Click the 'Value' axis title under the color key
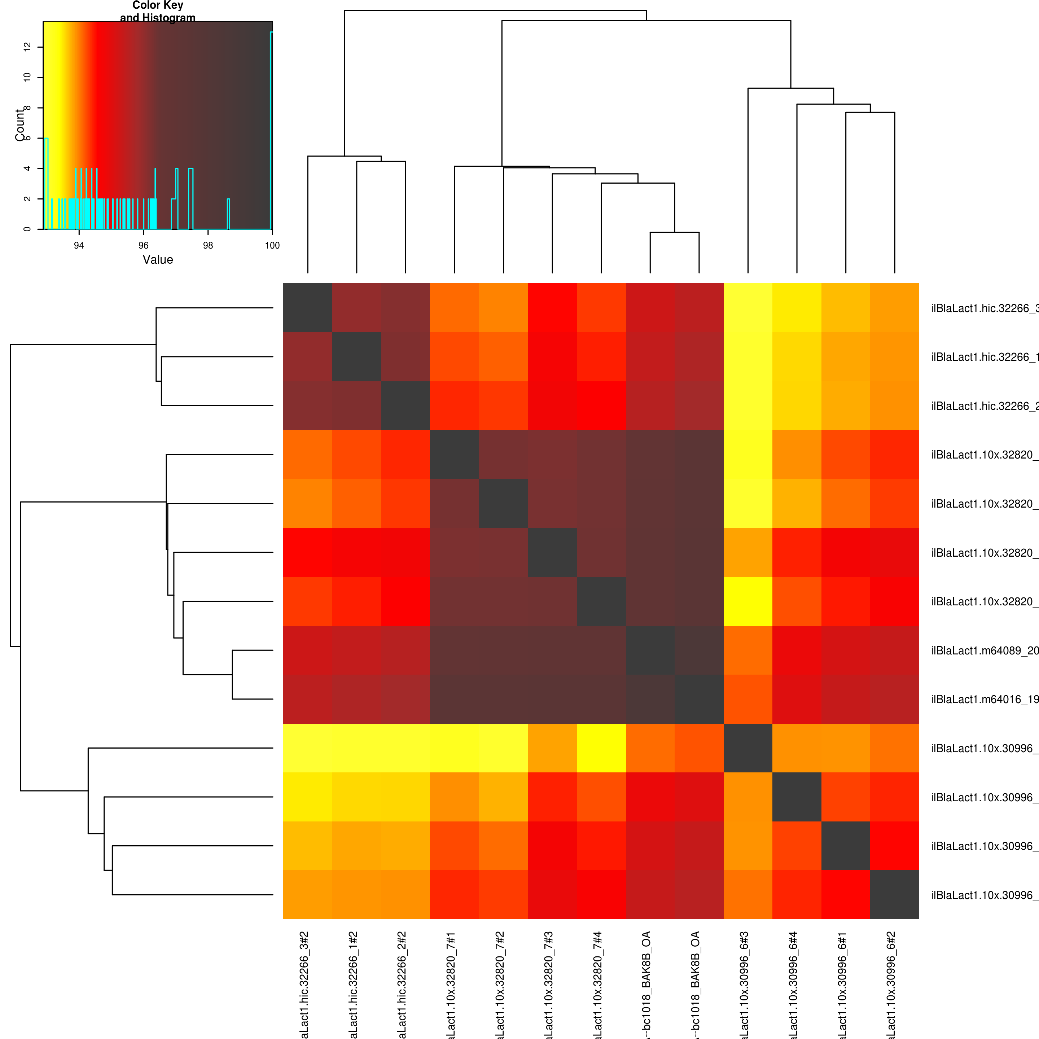(158, 260)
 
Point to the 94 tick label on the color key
(79, 246)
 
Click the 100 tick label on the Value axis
(272, 246)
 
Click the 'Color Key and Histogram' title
(158, 11)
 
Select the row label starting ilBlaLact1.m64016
(984, 699)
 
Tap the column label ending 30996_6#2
(891, 984)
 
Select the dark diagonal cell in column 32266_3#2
(308, 308)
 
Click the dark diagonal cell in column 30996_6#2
(894, 894)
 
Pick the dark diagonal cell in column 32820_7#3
(552, 552)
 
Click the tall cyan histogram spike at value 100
(271, 129)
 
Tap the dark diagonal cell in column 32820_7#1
(455, 455)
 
